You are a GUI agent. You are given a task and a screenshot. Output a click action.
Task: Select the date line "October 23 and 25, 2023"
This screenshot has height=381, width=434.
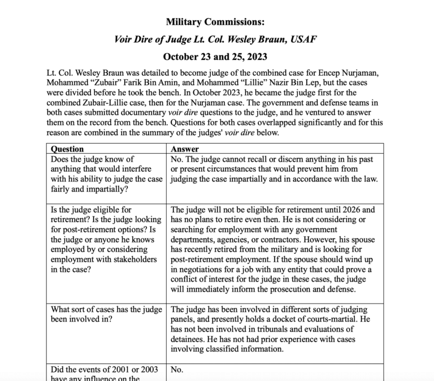pos(215,57)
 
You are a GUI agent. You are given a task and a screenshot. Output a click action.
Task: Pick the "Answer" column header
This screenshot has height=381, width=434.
pos(185,149)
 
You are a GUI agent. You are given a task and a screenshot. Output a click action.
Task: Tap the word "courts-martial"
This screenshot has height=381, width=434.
pos(325,320)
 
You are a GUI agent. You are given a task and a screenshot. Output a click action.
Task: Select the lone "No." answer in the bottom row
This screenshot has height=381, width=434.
pos(177,370)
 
